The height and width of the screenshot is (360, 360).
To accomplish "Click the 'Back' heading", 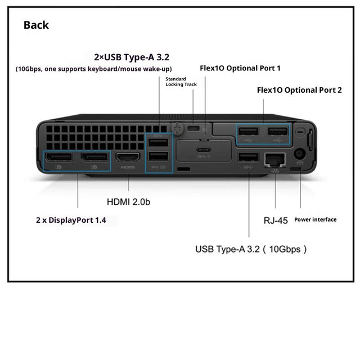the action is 36,25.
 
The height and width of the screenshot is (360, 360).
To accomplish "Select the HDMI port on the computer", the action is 128,157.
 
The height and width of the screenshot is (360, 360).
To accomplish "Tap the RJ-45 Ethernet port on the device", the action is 275,160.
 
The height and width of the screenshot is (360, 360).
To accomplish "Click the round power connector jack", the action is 300,154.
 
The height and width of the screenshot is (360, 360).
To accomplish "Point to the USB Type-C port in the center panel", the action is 204,150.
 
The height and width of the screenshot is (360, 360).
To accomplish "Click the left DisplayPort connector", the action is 58,157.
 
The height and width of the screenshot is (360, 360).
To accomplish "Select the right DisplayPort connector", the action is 94,157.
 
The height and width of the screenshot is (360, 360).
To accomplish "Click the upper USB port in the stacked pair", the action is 158,142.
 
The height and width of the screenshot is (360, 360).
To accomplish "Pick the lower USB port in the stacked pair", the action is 158,156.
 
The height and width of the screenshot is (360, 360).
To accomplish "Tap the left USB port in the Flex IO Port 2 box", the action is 249,131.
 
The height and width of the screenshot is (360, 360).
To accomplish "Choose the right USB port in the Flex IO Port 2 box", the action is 277,131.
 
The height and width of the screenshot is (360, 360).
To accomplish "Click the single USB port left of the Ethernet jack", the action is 249,157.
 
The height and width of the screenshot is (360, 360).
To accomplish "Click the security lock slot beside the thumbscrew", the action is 193,128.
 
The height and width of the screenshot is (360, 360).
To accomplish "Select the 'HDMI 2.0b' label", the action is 128,202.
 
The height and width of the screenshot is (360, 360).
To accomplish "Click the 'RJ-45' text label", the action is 276,220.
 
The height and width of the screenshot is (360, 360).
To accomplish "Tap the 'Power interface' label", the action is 315,220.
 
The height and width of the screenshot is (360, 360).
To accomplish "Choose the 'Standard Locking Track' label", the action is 181,82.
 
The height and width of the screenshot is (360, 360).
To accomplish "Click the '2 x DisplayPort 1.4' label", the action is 71,220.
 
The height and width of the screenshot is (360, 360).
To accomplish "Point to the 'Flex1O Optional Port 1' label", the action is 240,68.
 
